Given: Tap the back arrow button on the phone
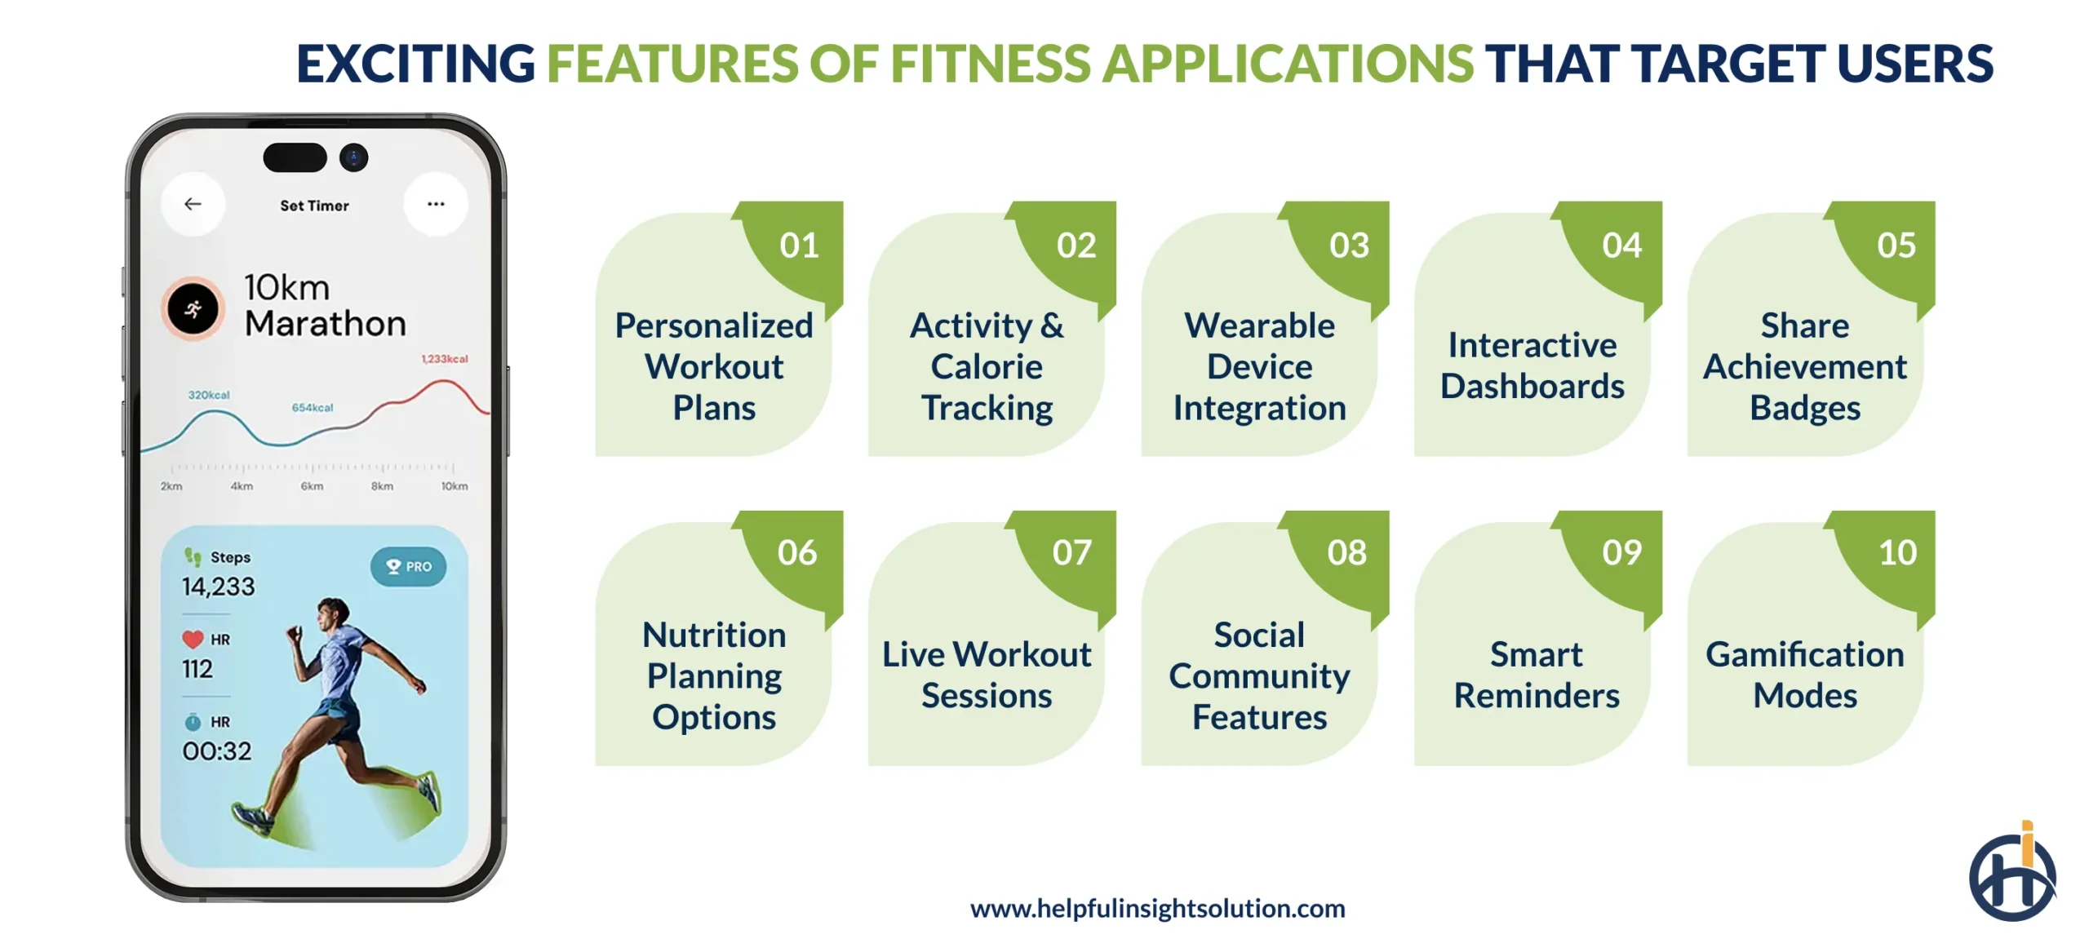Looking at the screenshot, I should [x=193, y=204].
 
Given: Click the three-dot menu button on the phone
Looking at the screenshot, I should [x=436, y=204].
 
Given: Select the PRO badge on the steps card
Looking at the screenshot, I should [x=408, y=566].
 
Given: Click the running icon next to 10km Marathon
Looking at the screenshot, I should [x=193, y=309].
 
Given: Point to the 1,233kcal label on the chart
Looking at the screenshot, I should [x=445, y=359].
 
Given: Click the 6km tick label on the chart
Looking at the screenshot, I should [x=312, y=486].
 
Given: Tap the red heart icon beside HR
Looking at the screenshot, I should [x=193, y=639].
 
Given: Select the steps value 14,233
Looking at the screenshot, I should [x=218, y=587].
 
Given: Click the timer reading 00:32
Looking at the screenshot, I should [x=217, y=751].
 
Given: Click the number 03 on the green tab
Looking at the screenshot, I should [x=1349, y=246].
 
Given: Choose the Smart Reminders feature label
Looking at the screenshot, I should [x=1536, y=675].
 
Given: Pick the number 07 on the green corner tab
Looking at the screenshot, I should [x=1071, y=553].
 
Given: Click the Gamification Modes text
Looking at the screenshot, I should [x=1804, y=675].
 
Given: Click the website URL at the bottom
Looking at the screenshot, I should [x=1157, y=908].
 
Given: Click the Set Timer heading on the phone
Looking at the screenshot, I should [x=314, y=206].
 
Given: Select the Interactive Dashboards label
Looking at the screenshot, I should [x=1532, y=365].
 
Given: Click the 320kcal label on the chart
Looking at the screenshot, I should [x=209, y=395].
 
